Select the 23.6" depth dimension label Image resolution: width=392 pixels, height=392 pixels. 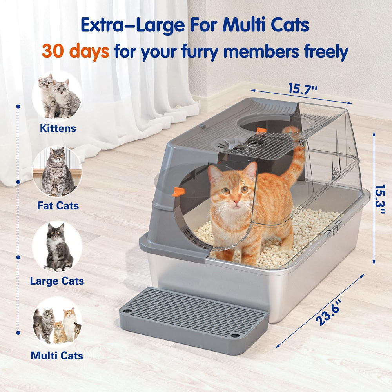click(328, 312)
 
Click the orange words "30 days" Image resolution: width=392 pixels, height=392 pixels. click(75, 51)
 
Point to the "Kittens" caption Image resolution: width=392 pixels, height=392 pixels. click(58, 129)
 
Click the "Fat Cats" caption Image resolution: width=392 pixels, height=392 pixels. click(58, 205)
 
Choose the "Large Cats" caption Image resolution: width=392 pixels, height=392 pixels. click(57, 281)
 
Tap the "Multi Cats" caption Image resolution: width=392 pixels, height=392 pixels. click(57, 356)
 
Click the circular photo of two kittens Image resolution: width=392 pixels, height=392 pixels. click(57, 96)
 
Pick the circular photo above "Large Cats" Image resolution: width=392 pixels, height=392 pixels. click(57, 247)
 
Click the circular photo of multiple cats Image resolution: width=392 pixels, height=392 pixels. click(57, 323)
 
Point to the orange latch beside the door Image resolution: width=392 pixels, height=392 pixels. click(178, 192)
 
